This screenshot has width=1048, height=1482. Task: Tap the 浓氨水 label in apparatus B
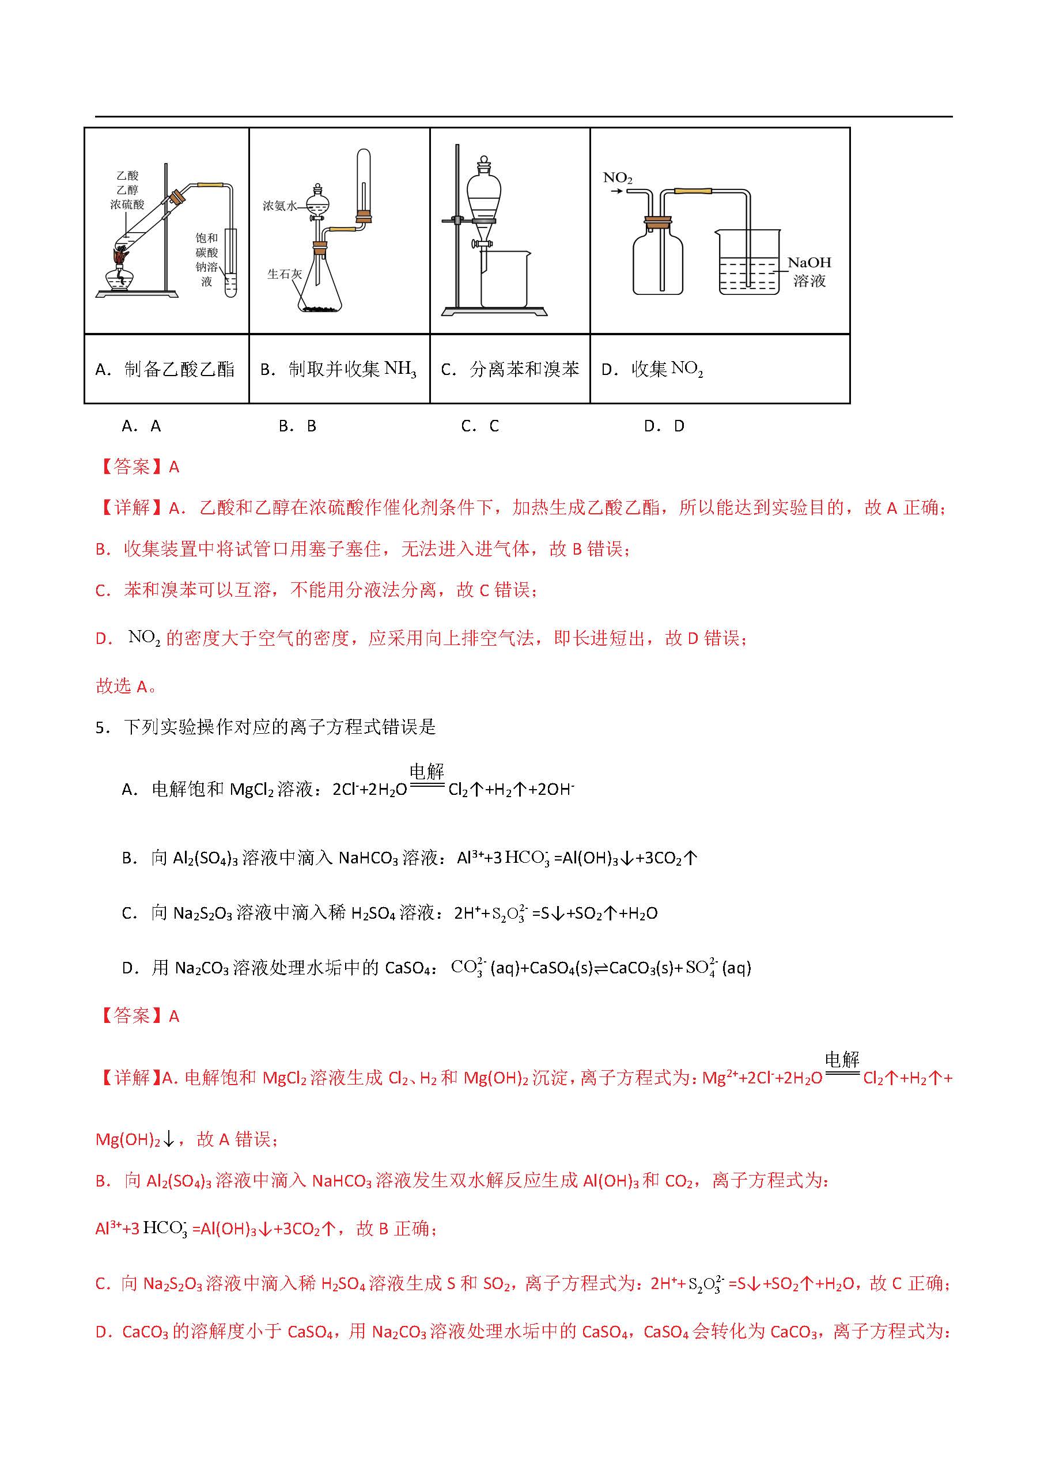coord(279,206)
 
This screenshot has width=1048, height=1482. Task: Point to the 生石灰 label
coord(284,274)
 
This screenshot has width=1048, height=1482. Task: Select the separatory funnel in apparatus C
coord(483,194)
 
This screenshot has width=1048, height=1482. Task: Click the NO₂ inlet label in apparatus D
coord(617,177)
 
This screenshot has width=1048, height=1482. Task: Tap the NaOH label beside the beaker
coord(809,263)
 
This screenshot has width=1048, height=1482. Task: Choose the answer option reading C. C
coord(480,426)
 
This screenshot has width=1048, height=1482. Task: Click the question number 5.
coord(102,727)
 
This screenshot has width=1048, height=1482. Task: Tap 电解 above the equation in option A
coord(427,771)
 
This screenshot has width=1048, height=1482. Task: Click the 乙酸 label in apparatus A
coord(128,176)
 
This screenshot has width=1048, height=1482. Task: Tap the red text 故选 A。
coord(126,686)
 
